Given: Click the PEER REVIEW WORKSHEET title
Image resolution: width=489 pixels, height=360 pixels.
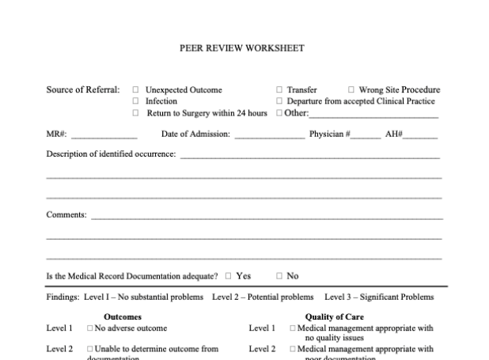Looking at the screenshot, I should tap(242, 48).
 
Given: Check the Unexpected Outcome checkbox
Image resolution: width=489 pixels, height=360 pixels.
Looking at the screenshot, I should tap(135, 90).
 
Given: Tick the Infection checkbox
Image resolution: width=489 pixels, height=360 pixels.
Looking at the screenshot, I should tap(135, 101).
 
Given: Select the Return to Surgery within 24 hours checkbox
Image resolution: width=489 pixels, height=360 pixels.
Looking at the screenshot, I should tap(135, 113).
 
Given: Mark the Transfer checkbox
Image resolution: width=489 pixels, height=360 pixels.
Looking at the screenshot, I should tap(279, 90).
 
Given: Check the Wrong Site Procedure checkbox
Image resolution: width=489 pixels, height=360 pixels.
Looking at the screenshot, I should tap(351, 90).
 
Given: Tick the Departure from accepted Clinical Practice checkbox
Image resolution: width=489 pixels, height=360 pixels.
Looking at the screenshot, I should tap(279, 101).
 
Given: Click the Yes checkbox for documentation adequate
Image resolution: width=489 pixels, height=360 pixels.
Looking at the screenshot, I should tap(228, 276).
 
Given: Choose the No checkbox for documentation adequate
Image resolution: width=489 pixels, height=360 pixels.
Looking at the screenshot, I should tap(279, 276).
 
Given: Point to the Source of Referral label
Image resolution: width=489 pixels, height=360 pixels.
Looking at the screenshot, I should tap(83, 90).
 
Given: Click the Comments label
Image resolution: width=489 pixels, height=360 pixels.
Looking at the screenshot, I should tap(66, 214).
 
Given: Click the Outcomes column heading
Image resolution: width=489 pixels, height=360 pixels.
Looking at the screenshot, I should tap(123, 316).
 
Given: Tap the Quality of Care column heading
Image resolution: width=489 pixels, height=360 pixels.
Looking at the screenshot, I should tap(334, 316).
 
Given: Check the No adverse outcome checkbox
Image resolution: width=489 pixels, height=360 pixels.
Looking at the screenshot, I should tap(90, 328).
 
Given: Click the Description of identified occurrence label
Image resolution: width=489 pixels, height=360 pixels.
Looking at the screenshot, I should tap(111, 153).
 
